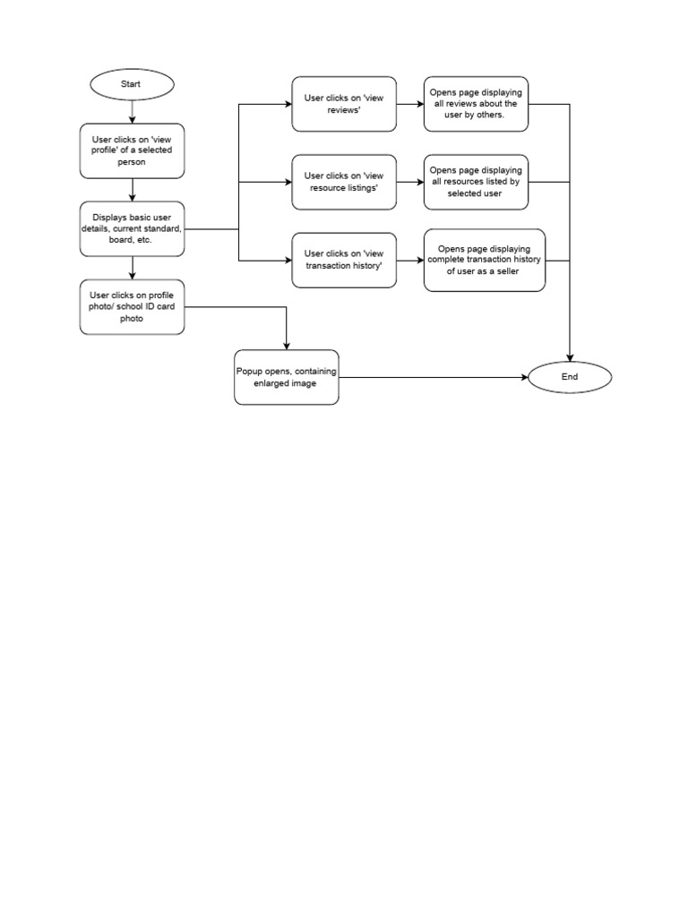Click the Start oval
pos(132,84)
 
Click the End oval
pos(570,377)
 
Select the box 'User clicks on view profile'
pos(132,150)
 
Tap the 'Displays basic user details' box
pos(132,228)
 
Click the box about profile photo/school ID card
pos(132,306)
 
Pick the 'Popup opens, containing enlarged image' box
pos(287,377)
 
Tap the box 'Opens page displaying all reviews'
pos(476,104)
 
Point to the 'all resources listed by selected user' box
pos(476,182)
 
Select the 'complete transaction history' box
pos(484,260)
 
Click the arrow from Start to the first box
pos(132,111)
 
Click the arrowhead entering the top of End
pos(570,357)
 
